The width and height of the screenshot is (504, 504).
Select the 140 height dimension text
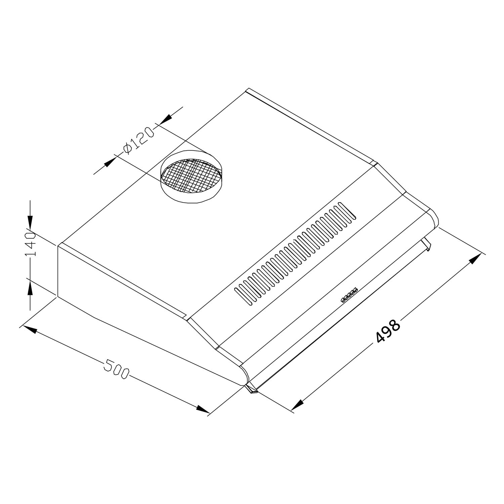point(30,244)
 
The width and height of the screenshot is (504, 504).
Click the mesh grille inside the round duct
point(191,175)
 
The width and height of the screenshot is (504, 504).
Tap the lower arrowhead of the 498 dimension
point(297,405)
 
